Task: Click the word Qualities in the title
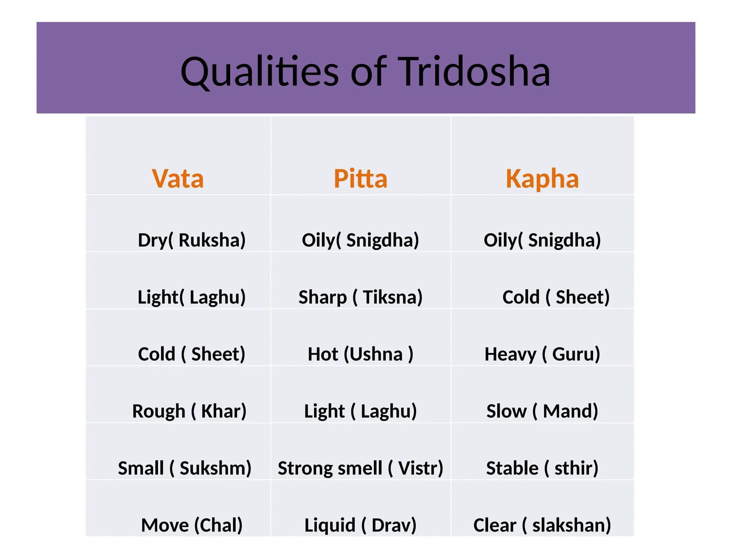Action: click(260, 72)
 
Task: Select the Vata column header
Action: click(178, 178)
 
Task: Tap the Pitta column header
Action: click(360, 178)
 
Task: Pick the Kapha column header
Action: click(542, 178)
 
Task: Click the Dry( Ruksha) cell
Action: click(192, 240)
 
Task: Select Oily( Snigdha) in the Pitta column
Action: click(360, 240)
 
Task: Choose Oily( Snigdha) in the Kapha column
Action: click(542, 240)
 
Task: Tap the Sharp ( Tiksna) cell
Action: click(360, 297)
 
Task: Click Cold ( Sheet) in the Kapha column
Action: click(556, 297)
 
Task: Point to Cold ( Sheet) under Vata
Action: click(192, 354)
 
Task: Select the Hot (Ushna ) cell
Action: click(360, 354)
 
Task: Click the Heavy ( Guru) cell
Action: click(542, 354)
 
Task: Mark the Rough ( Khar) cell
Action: click(189, 411)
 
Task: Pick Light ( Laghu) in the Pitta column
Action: click(360, 411)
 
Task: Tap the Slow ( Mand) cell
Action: click(542, 411)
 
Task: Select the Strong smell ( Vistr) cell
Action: click(360, 468)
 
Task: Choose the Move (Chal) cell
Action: click(192, 525)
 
